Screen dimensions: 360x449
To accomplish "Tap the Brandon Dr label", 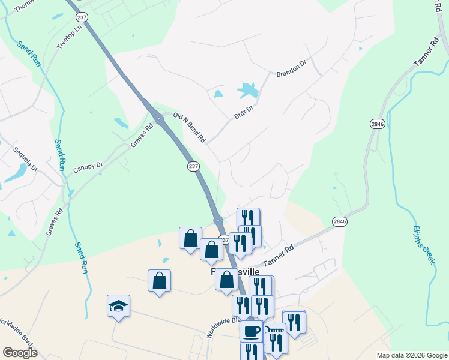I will point(291,70).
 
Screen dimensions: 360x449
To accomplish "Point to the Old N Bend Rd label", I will point(189,127).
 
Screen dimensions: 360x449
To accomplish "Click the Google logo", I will point(20,353).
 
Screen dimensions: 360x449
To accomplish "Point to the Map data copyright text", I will point(412,355).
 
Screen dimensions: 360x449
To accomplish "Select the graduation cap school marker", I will point(118,306).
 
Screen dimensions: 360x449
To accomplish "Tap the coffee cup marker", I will point(251,330).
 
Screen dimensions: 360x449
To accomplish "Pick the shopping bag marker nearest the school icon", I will point(159,280).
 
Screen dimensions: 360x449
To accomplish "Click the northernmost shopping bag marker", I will point(190,238).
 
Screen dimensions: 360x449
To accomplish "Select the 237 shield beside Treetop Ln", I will point(82,17).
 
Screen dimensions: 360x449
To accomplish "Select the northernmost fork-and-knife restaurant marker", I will point(248,217).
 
